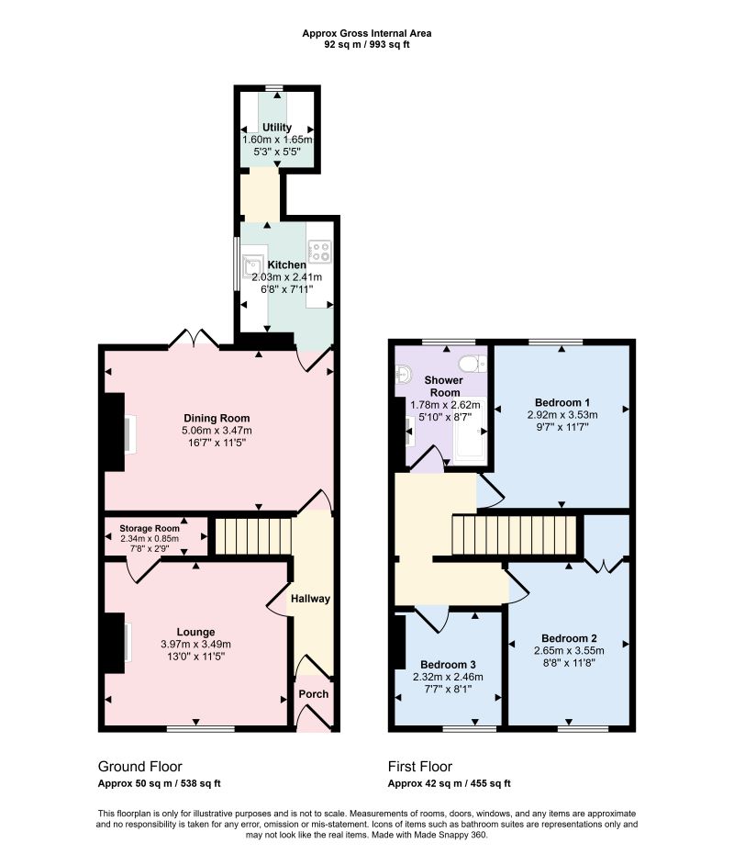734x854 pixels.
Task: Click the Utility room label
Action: [277, 128]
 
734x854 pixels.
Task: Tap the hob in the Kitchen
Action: [319, 251]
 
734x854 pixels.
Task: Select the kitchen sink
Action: [252, 267]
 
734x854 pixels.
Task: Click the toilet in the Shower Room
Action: [473, 363]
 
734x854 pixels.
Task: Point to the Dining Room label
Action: [217, 419]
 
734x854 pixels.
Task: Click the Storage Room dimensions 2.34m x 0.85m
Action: [150, 539]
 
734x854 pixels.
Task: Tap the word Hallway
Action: [310, 599]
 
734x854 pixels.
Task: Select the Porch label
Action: [314, 694]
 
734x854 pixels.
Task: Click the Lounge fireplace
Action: [115, 643]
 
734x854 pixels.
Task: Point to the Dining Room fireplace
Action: [115, 432]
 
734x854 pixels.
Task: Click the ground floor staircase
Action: [254, 536]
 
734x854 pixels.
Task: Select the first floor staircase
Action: [514, 534]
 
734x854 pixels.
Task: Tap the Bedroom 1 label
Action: [562, 402]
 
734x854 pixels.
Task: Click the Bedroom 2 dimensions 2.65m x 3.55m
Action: [569, 650]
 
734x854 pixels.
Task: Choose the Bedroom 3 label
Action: [448, 665]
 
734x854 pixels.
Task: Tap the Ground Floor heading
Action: [139, 767]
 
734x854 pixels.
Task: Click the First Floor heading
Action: [420, 767]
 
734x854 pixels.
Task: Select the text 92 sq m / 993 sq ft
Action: [367, 45]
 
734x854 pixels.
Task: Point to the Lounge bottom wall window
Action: [201, 729]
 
